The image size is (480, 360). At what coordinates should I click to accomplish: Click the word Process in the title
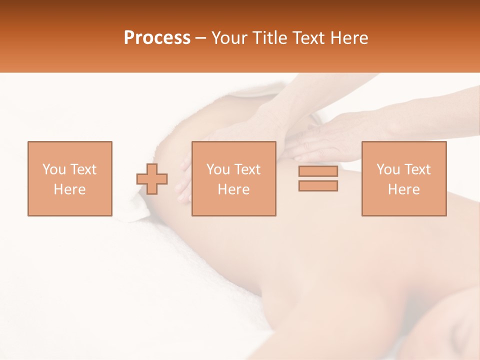(x=157, y=38)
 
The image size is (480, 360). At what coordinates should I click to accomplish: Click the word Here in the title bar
(x=348, y=38)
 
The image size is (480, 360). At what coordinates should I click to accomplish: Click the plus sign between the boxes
(x=152, y=179)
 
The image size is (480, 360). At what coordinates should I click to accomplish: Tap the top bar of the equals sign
(x=318, y=171)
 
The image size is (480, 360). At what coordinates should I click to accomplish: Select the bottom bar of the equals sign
(x=318, y=185)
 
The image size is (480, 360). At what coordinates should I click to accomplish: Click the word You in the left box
(x=53, y=169)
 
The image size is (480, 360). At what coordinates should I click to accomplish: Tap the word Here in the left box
(x=69, y=189)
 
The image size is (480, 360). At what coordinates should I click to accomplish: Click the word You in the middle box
(x=218, y=169)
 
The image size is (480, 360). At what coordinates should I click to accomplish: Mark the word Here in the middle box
(x=233, y=189)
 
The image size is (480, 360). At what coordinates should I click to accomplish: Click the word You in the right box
(x=388, y=169)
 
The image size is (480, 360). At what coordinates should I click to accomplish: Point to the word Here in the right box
(x=403, y=189)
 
